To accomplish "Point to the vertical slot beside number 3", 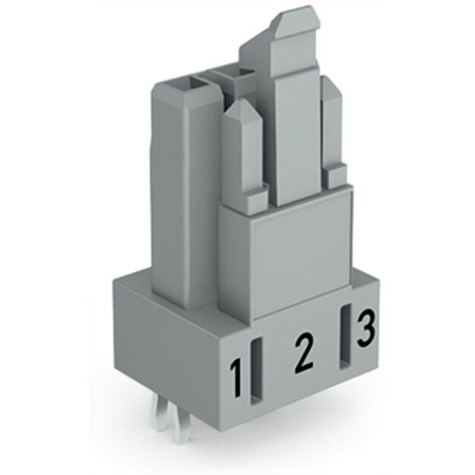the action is [345, 336].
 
